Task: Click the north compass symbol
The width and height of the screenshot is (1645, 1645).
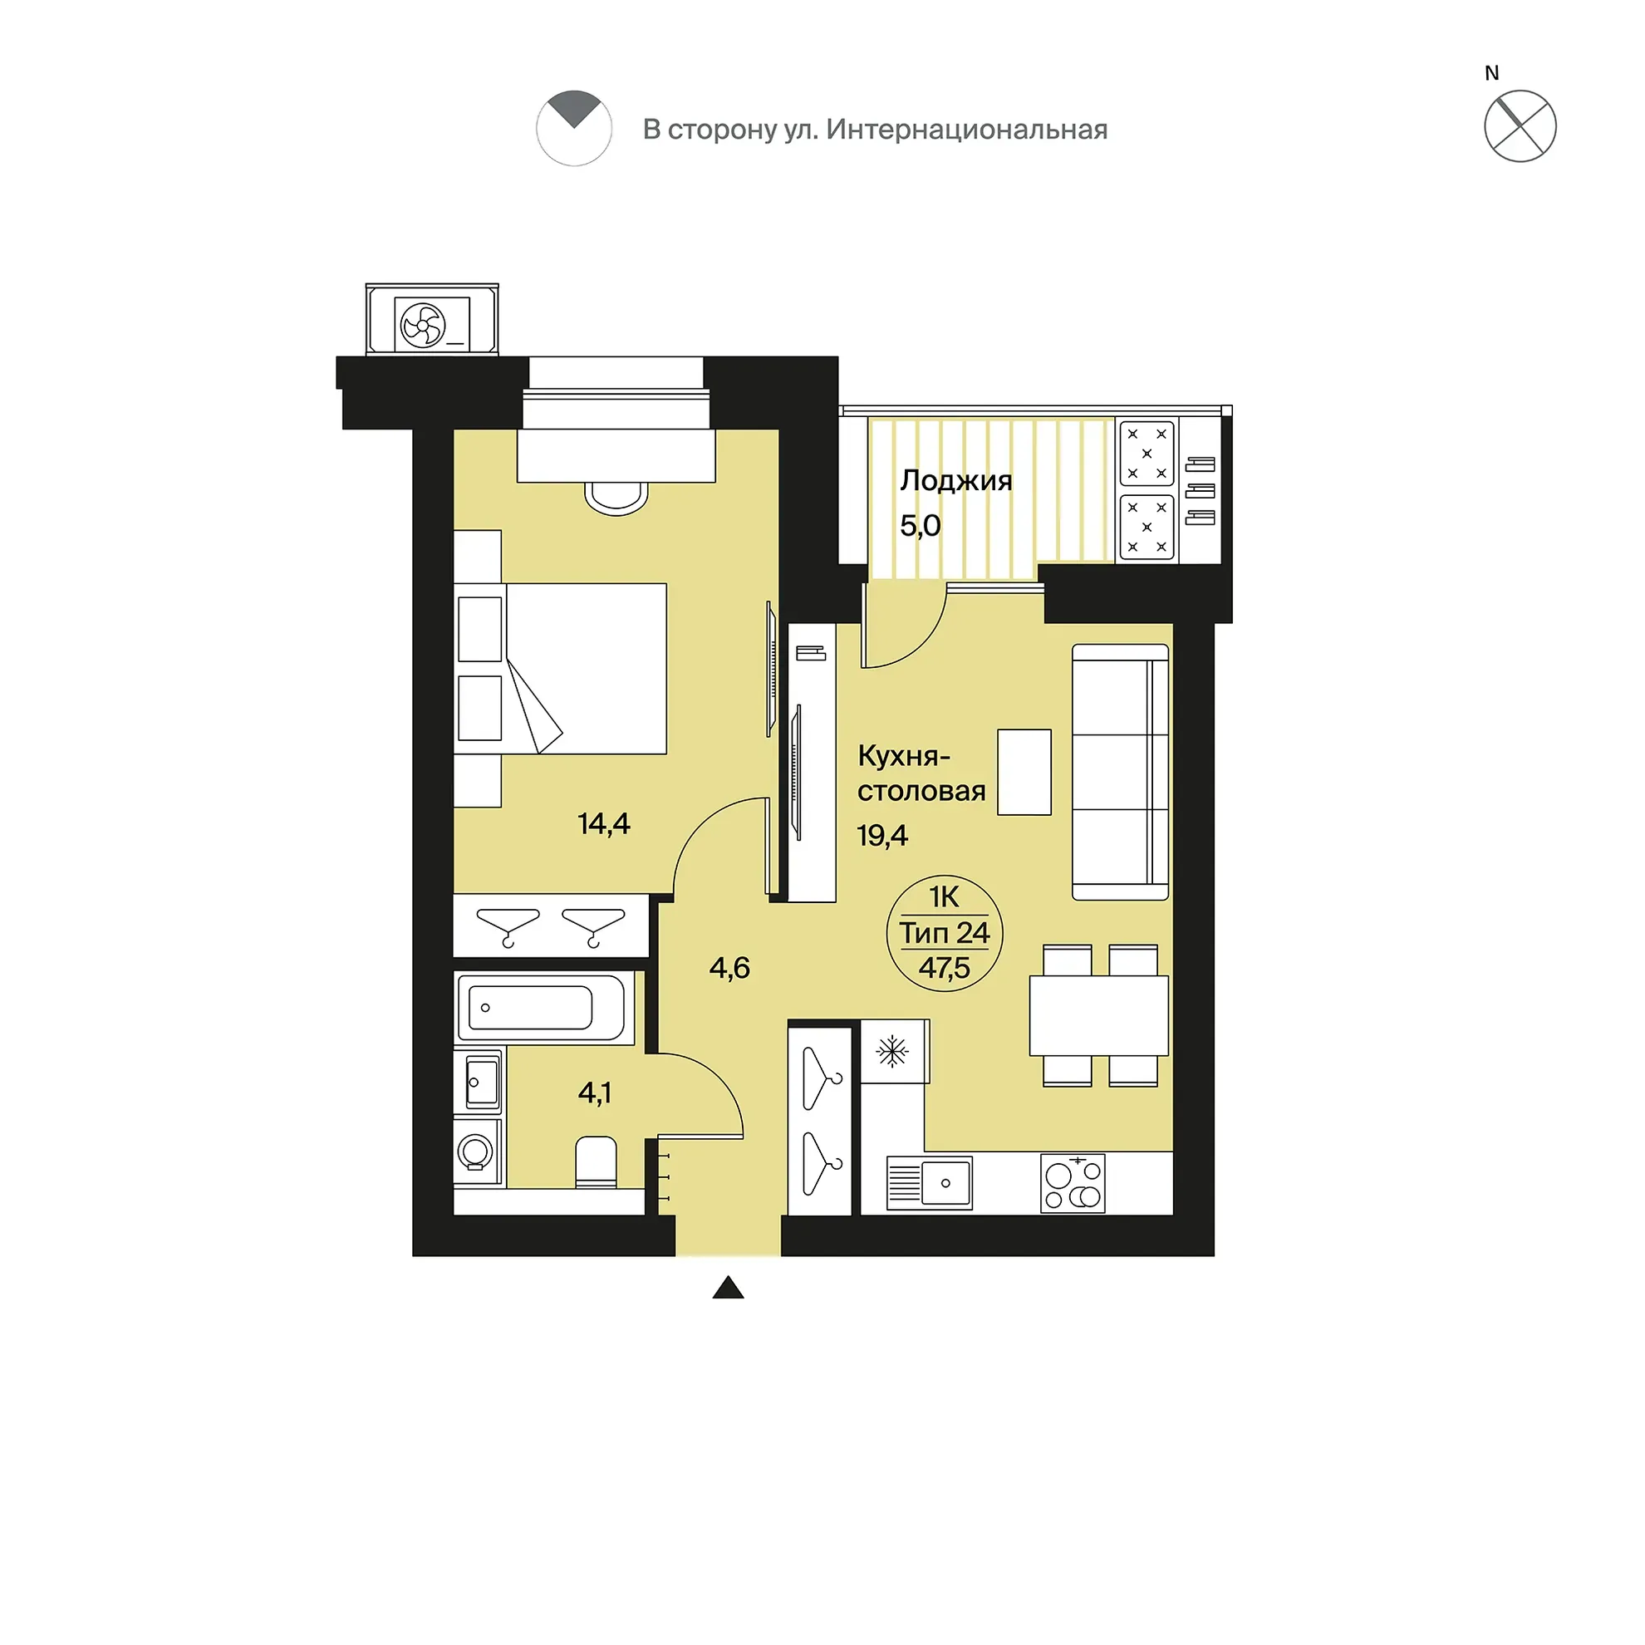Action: [1520, 126]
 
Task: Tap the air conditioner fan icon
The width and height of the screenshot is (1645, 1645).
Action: [423, 324]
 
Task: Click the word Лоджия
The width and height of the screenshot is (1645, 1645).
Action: [955, 481]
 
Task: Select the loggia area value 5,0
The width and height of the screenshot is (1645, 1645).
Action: [921, 525]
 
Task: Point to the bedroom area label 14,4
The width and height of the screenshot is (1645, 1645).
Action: [604, 823]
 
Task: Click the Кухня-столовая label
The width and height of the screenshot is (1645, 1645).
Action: [921, 773]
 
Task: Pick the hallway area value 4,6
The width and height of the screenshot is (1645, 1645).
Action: [729, 967]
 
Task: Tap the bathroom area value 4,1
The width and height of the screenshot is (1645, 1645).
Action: [594, 1093]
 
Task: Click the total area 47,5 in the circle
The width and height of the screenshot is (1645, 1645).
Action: [945, 968]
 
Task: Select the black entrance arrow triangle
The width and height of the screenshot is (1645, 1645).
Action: [728, 1288]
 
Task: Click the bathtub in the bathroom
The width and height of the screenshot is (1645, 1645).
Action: [542, 1008]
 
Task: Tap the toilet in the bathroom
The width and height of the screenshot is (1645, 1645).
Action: [596, 1161]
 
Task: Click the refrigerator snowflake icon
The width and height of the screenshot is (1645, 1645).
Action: [892, 1052]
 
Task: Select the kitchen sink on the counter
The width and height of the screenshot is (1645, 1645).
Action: [929, 1183]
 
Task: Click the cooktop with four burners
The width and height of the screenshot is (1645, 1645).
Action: [1073, 1184]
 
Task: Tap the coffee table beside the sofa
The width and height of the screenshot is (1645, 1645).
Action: [1024, 773]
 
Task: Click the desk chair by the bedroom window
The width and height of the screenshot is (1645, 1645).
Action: [616, 499]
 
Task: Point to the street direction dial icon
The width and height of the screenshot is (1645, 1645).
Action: [574, 128]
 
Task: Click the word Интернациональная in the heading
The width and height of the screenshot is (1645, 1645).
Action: [966, 130]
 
